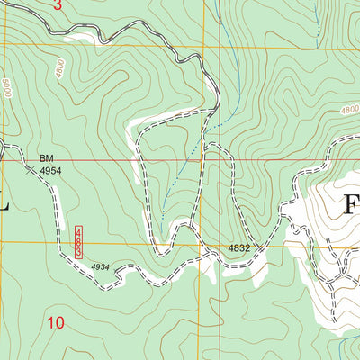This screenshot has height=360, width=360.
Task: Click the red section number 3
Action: (58, 5)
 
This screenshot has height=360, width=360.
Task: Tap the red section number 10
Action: (56, 321)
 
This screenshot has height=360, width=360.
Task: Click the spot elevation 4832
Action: (238, 247)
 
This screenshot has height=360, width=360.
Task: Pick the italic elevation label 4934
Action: (101, 266)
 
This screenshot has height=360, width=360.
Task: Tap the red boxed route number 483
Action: (78, 242)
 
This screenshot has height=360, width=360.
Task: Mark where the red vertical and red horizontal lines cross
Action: (220, 161)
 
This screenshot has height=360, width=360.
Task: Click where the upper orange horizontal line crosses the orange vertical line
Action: (204, 46)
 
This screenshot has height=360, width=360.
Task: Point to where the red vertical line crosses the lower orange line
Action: (220, 243)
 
